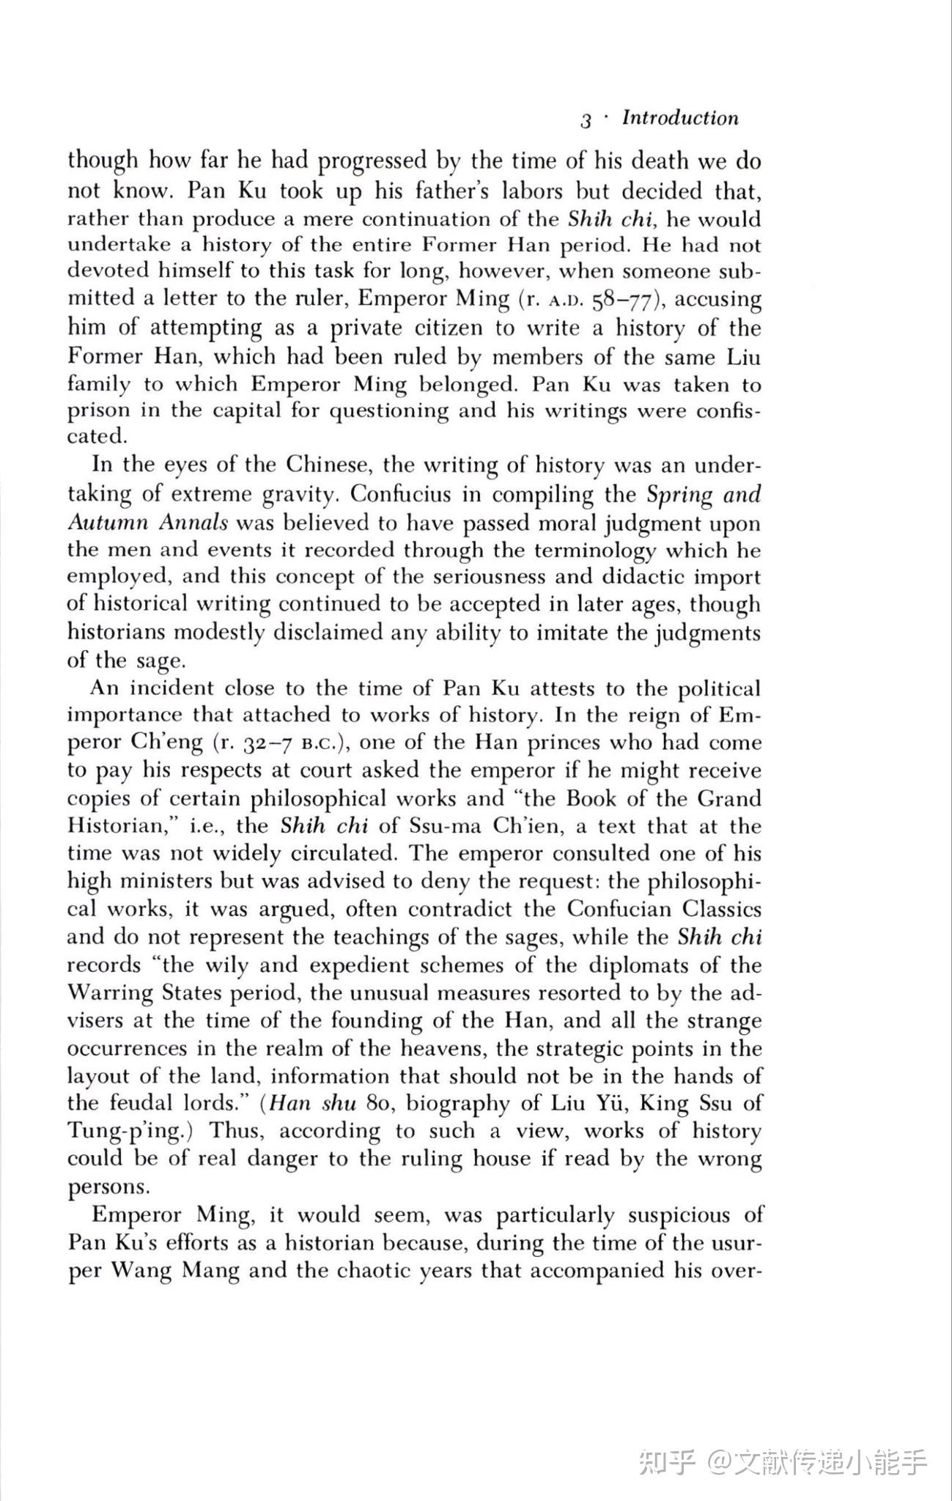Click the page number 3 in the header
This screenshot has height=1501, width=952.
coord(586,121)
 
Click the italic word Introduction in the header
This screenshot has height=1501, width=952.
coord(680,118)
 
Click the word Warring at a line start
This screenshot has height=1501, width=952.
coord(111,993)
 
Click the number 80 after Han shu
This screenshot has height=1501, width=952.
coord(381,1104)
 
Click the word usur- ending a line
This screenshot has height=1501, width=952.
coord(736,1243)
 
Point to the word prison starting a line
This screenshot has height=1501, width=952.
coord(97,411)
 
